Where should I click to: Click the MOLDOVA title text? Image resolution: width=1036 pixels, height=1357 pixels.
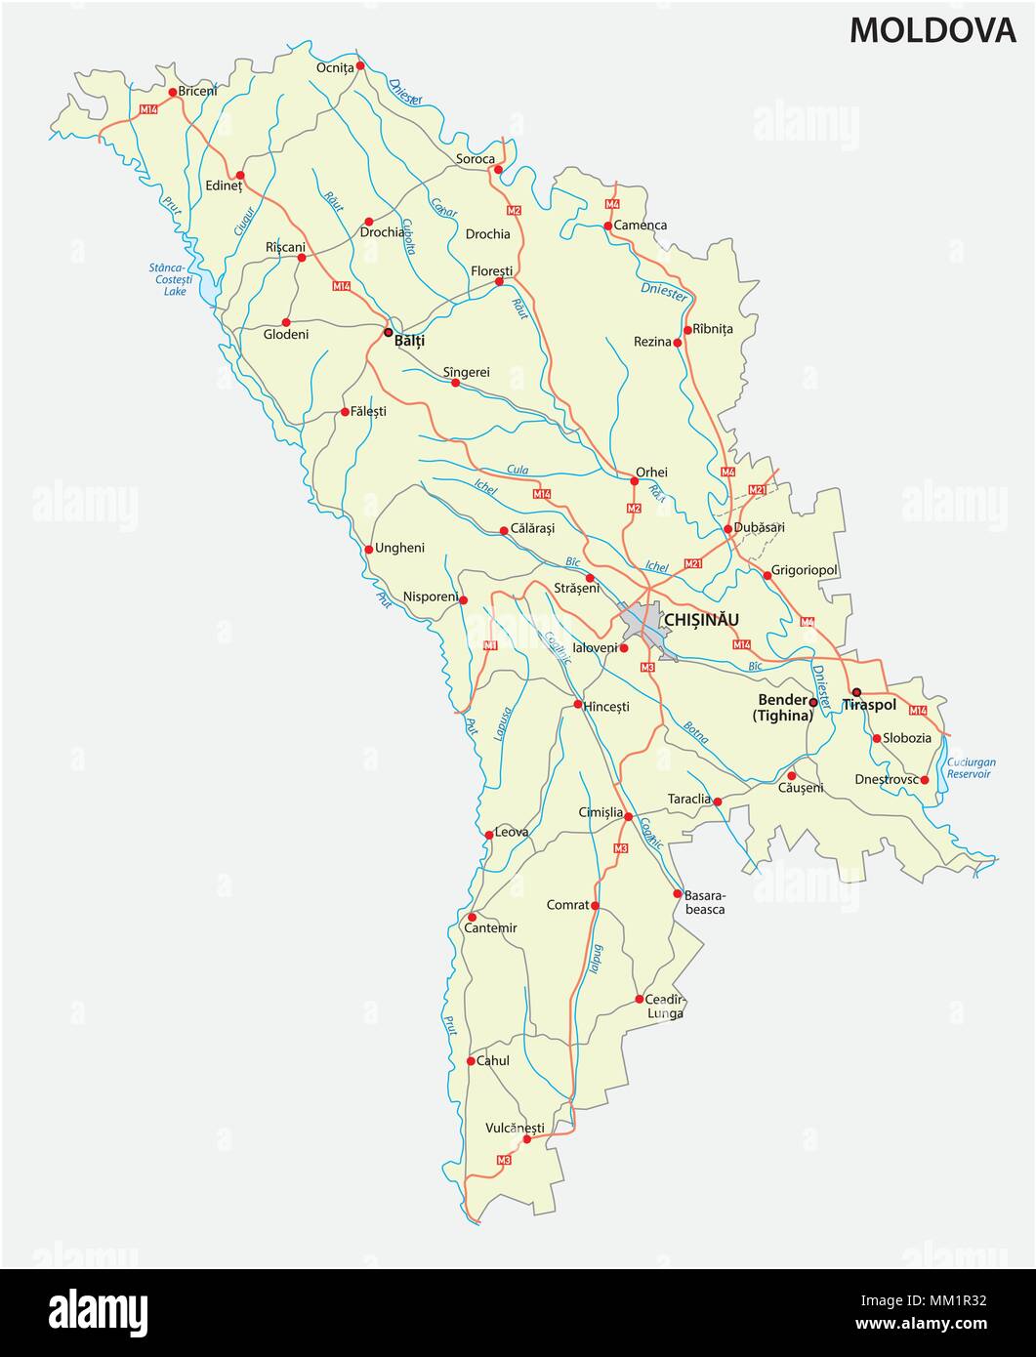pos(932,30)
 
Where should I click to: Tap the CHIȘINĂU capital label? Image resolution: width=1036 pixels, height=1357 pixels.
pos(701,619)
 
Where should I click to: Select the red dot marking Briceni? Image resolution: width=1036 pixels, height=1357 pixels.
pos(173,93)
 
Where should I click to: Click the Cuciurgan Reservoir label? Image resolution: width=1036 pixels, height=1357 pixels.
pos(968,767)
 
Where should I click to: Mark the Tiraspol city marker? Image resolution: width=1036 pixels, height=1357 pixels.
pos(856,692)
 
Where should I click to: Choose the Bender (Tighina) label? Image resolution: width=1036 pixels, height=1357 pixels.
pos(782,708)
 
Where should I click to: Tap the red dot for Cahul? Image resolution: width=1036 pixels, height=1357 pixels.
pos(470,1061)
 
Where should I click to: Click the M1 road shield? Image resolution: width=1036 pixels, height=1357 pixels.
pos(490,645)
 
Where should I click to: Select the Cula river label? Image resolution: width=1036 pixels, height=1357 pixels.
pos(518,470)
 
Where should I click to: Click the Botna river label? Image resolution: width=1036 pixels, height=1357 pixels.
pos(696,732)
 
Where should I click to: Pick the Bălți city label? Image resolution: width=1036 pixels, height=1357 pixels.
pos(409,342)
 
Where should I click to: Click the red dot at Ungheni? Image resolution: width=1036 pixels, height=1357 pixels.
pos(369,549)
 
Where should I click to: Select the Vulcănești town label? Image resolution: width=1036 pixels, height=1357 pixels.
pos(514,1128)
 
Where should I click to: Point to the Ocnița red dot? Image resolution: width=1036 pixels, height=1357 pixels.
pos(360,65)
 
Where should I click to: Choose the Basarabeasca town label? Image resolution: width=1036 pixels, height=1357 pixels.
pos(704,901)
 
